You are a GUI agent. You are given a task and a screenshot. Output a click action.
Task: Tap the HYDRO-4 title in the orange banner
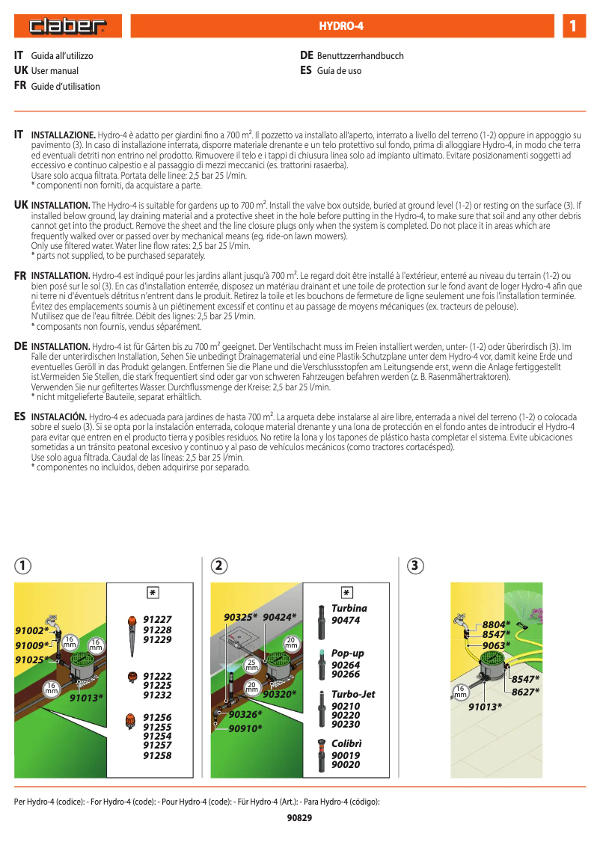coord(340,27)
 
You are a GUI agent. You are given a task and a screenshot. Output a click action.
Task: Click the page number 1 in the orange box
coord(572,27)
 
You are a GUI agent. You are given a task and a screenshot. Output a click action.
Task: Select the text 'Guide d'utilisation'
coord(65,87)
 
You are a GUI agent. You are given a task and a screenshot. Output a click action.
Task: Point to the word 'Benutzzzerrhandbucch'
coord(360,56)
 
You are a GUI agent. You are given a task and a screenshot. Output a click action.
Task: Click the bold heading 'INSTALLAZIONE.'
coord(63,135)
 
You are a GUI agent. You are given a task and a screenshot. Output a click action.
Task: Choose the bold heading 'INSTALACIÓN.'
coord(58,417)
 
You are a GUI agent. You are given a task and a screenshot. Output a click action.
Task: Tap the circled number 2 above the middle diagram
coord(218,565)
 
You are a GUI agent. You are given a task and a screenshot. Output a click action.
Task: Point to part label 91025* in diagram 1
coord(31,660)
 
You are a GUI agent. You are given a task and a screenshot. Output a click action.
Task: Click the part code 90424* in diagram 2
coord(280,617)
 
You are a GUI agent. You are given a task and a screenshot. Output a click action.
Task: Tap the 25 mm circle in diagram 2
coord(252,664)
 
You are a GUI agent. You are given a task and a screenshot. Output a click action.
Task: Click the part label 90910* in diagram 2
coord(245,728)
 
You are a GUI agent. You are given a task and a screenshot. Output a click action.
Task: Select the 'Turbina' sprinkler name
coord(349,609)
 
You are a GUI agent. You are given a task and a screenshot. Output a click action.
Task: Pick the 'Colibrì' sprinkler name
coord(346,743)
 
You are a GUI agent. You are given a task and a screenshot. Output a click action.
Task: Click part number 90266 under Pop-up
coord(346,675)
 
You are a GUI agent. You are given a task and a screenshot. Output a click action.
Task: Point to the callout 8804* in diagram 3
coord(496,624)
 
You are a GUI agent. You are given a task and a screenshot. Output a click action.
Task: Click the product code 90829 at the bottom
coord(299,818)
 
